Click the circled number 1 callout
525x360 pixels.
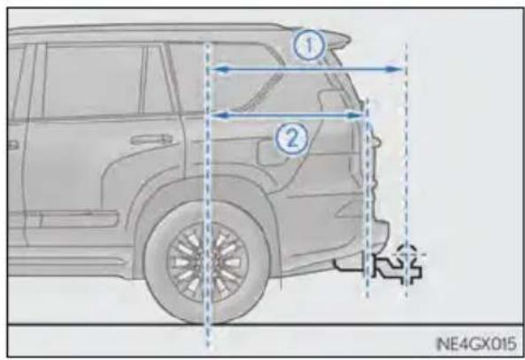coord(309,45)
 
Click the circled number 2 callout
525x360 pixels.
coord(291,139)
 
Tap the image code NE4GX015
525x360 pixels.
coord(476,343)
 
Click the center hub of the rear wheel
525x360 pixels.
coord(207,262)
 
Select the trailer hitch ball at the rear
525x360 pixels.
coord(406,253)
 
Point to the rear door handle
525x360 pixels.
coord(151,139)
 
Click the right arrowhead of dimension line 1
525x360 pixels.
coord(394,69)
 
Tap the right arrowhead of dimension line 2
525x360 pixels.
coord(355,115)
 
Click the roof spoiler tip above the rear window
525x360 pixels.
coord(348,39)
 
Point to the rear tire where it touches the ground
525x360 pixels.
coord(207,322)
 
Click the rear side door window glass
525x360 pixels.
coord(93,81)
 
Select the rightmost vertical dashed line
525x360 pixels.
coord(406,170)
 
